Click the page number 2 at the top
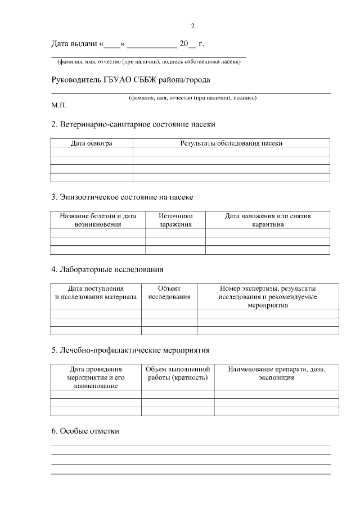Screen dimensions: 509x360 (x=193, y=26)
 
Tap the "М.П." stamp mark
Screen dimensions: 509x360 (x=59, y=105)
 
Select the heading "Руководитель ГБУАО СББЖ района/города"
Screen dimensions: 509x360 (x=130, y=80)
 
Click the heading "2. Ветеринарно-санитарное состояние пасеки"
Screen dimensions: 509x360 (x=133, y=124)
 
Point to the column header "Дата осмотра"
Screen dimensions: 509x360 (x=91, y=143)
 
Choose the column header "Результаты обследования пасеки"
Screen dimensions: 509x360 (x=231, y=143)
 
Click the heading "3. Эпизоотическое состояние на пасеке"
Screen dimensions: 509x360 (x=122, y=197)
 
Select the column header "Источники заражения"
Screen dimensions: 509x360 (x=175, y=220)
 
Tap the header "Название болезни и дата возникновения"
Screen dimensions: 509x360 (x=98, y=220)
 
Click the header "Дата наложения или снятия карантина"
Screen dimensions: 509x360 (x=268, y=220)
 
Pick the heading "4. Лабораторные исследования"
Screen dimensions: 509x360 (x=107, y=269)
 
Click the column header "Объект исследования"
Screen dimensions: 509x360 (x=169, y=292)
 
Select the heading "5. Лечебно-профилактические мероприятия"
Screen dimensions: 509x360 (x=130, y=350)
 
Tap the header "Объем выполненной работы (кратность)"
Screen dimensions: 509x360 (x=178, y=373)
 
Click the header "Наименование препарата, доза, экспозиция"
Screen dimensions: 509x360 (x=276, y=373)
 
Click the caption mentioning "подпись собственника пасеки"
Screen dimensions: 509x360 (x=149, y=61)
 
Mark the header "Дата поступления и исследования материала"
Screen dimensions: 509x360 (x=96, y=292)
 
